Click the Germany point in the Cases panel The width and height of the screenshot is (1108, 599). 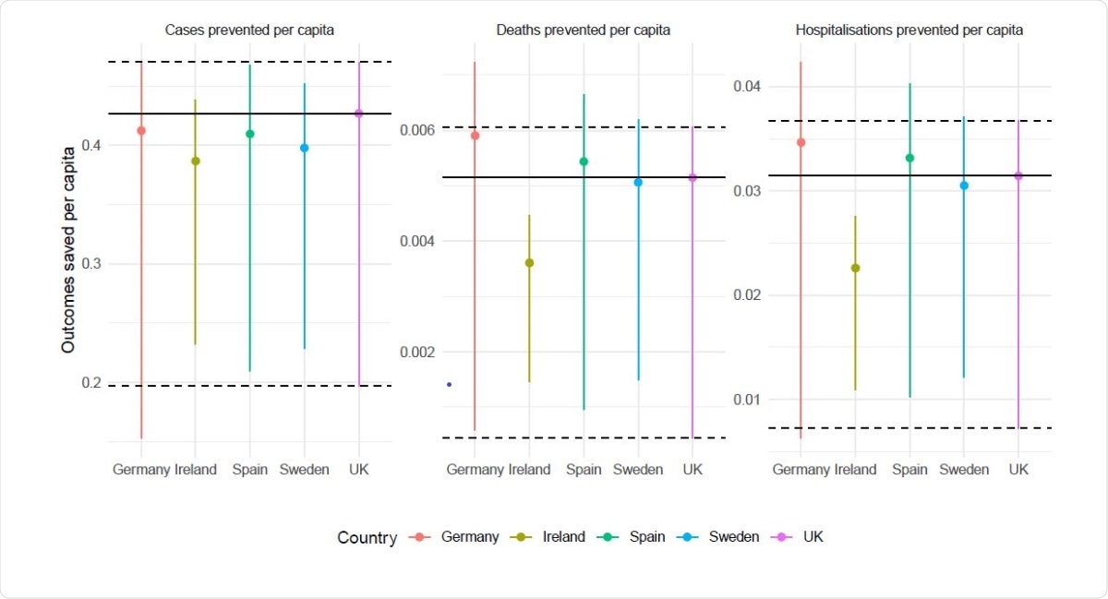141,130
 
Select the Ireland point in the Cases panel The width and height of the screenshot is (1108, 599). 195,161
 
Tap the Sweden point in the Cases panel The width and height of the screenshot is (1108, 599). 304,148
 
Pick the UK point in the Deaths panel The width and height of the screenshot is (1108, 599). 692,177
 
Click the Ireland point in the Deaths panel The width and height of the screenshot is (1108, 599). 529,263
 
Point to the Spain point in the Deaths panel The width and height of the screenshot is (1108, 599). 584,162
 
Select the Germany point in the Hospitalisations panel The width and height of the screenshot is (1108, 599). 801,142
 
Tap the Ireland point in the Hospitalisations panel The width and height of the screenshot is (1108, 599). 855,268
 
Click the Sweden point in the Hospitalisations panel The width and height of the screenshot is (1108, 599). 964,186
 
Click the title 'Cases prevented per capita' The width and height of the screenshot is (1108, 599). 249,30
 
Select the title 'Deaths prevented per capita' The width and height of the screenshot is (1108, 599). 584,30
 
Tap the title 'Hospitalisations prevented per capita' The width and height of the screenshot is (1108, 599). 909,30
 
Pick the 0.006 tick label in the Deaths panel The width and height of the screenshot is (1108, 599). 416,130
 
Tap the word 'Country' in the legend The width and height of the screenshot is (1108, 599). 367,538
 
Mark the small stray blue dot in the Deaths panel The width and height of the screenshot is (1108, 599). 449,384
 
